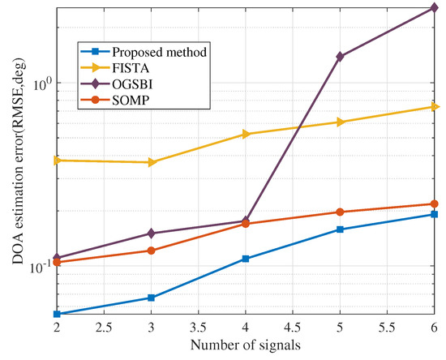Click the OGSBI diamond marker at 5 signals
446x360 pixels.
(x=341, y=57)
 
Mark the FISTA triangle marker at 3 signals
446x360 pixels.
(x=152, y=162)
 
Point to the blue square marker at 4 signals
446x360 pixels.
(x=246, y=259)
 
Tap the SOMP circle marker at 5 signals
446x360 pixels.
(x=341, y=212)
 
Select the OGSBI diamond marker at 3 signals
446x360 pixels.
(x=152, y=234)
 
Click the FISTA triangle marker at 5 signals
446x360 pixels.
(x=341, y=122)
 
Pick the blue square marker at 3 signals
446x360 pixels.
(x=152, y=298)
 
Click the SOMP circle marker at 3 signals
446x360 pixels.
(x=152, y=251)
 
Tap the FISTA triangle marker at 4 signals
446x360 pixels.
(x=246, y=134)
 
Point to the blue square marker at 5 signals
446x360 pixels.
(x=341, y=229)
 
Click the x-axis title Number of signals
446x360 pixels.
(x=246, y=346)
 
